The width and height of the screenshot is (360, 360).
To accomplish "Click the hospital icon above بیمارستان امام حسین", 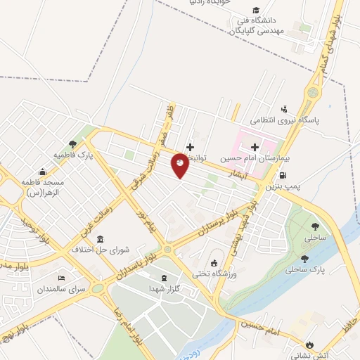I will (252, 148).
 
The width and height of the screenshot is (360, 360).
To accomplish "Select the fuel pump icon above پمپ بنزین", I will (283, 175).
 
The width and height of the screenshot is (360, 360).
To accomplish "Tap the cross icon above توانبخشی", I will (189, 146).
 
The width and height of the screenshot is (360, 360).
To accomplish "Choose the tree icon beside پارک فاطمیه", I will (73, 143).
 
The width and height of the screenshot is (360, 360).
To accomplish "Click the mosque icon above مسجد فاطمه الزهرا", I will (43, 171).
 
